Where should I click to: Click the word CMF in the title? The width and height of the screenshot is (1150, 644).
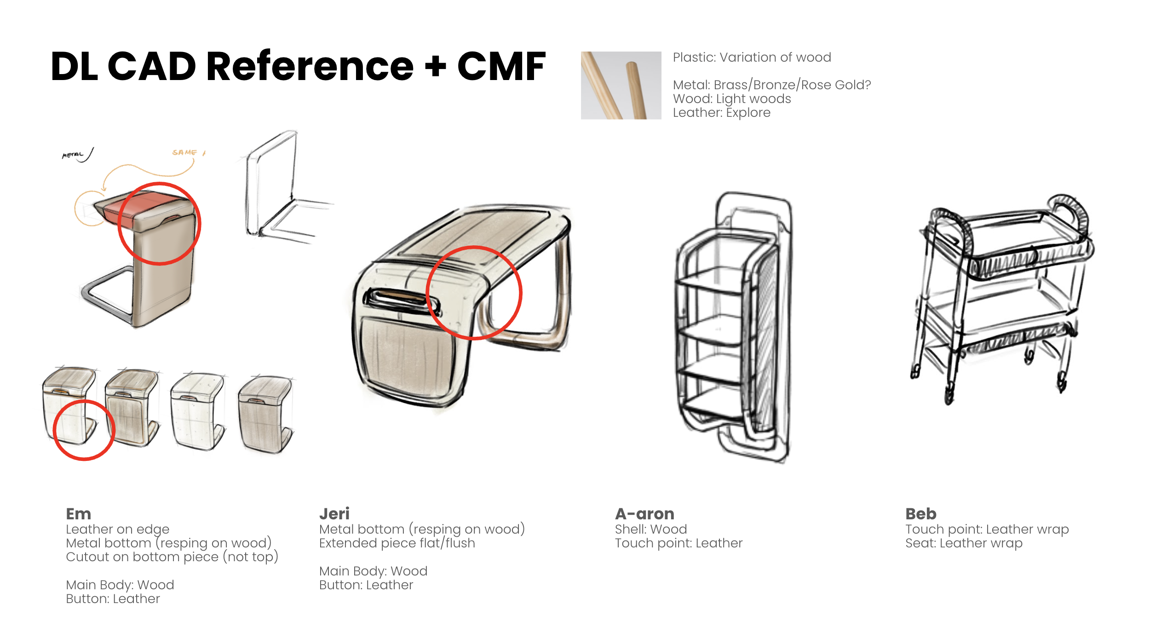pos(501,67)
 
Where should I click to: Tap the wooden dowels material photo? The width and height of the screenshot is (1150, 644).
pos(621,86)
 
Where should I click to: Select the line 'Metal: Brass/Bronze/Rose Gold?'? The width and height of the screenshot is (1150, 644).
pos(771,85)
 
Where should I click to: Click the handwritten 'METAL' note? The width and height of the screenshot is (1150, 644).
pos(73,155)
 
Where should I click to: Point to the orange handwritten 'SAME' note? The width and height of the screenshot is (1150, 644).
pos(184,152)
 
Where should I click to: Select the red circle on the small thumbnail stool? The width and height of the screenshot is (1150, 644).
pos(84,430)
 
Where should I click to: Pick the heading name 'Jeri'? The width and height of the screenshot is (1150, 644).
pos(334,514)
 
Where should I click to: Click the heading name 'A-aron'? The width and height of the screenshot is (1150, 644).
pos(644,514)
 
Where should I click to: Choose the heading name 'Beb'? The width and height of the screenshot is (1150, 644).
pos(920,514)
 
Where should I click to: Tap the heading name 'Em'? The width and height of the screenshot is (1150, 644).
pos(78,514)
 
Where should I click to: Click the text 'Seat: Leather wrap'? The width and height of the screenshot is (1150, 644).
pos(964,543)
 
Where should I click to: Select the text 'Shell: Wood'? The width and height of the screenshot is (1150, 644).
pos(650,529)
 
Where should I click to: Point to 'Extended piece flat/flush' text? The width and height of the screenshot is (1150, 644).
pos(397,543)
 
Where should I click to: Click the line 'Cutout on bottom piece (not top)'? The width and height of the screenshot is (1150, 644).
pos(172,557)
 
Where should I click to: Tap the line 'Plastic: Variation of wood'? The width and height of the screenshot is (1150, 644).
pos(752,57)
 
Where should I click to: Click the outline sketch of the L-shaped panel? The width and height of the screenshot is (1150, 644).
pos(276,189)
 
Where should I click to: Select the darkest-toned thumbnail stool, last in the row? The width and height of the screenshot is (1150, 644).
pos(265,414)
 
